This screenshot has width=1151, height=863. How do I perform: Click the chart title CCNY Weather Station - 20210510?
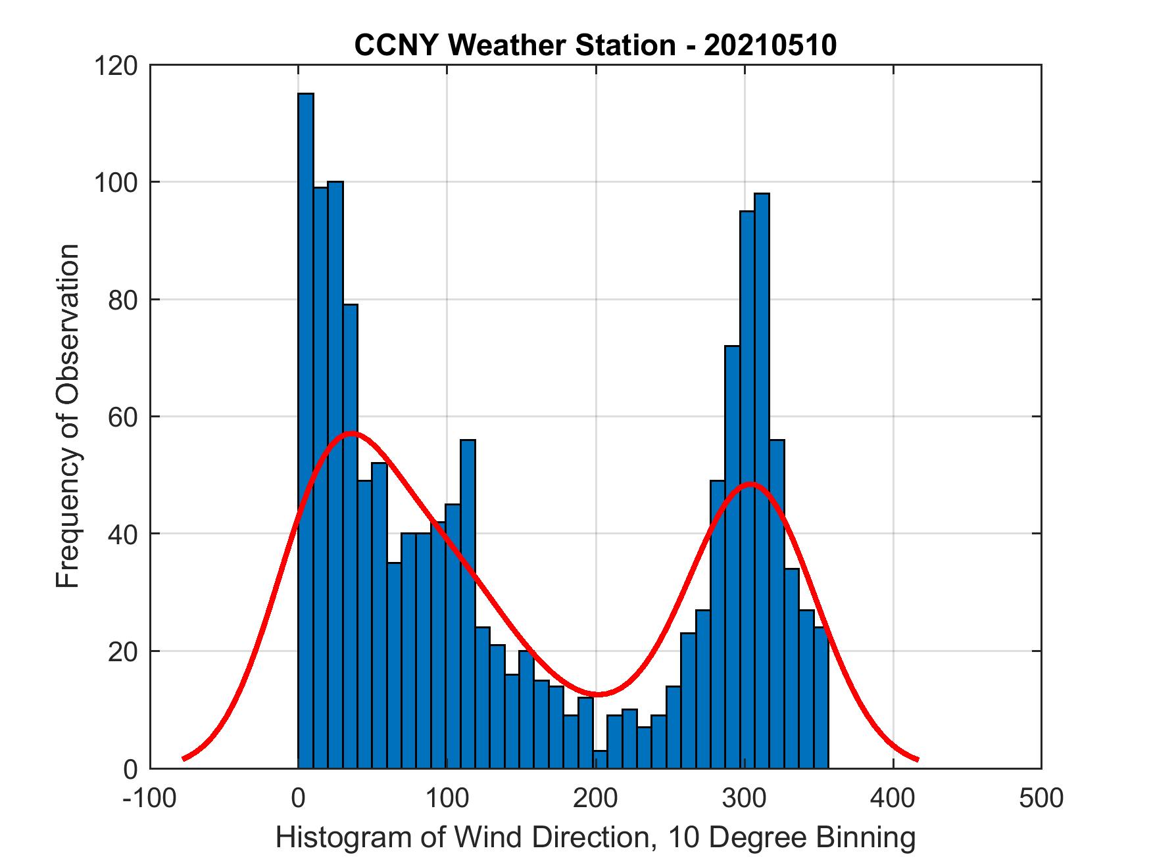click(595, 45)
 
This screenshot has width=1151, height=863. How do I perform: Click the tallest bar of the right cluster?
click(762, 480)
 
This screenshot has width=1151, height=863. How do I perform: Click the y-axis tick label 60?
click(125, 417)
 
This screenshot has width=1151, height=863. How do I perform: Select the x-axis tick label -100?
click(151, 798)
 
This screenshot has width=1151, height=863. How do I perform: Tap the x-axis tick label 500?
click(1041, 798)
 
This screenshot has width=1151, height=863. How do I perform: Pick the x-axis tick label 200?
click(596, 798)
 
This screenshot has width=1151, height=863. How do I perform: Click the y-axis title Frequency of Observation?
click(67, 417)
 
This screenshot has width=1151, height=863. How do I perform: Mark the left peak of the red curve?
click(352, 433)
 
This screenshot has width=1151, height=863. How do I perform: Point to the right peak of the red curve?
click(750, 484)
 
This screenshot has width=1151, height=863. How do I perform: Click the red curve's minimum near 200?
click(596, 694)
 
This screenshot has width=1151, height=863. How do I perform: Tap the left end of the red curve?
click(184, 759)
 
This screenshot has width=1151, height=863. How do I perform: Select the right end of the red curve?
click(917, 759)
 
